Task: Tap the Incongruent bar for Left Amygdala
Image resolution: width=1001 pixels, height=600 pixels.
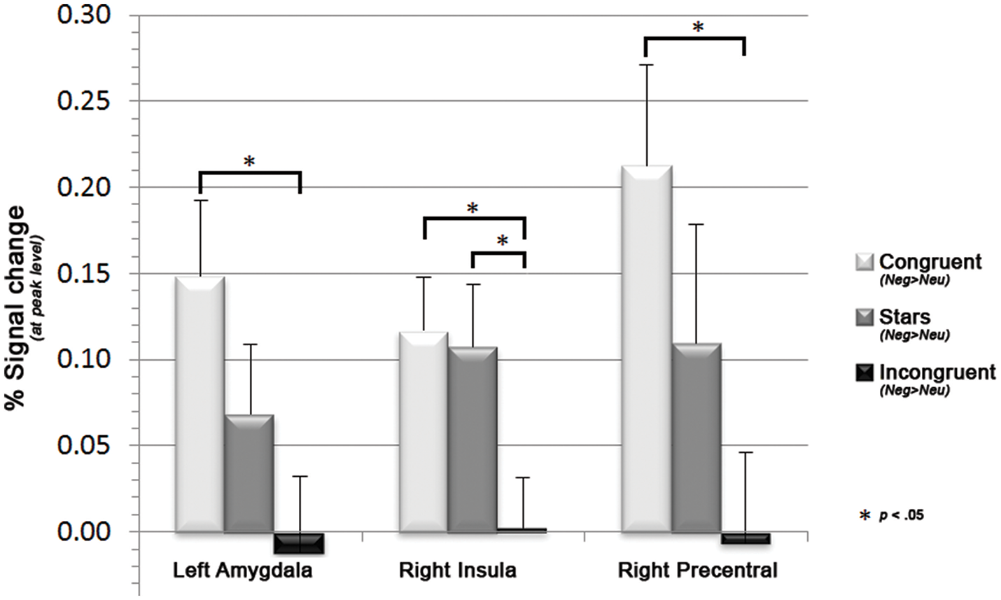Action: [x=298, y=543]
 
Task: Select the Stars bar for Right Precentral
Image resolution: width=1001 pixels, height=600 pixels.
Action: [x=696, y=438]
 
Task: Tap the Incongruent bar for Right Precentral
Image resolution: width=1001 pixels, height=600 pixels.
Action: [x=745, y=538]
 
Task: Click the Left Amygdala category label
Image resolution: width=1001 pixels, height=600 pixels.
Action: [x=243, y=571]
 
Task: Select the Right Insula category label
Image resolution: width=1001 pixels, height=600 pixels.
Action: [x=458, y=571]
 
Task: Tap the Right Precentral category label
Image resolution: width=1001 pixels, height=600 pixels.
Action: [x=697, y=571]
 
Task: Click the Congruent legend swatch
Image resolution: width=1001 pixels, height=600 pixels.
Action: [x=864, y=263]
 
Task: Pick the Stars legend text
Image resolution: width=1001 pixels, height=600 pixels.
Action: [x=904, y=316]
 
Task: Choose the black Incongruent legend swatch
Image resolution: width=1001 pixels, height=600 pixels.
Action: [x=864, y=372]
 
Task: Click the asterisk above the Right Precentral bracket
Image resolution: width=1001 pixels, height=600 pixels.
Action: [x=697, y=27]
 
